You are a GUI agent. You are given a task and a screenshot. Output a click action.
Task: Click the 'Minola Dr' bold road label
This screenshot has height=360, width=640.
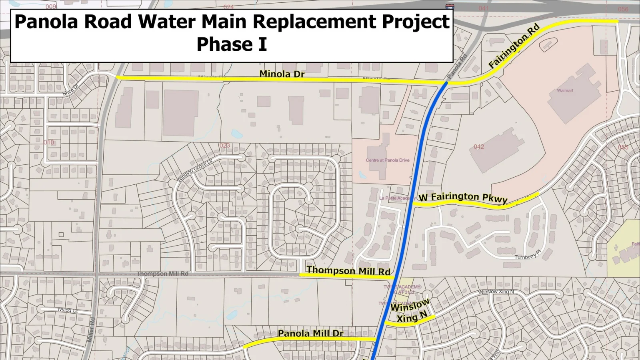click(x=282, y=74)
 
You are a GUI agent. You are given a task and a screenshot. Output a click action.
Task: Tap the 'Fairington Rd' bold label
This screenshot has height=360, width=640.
click(x=514, y=46)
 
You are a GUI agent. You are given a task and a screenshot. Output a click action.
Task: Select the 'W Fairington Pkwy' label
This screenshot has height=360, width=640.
click(x=463, y=197)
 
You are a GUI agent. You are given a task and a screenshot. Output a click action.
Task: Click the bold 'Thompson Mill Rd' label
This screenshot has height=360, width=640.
click(x=348, y=271)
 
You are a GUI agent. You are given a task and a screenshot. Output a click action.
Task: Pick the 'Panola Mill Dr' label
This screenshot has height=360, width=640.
click(x=310, y=333)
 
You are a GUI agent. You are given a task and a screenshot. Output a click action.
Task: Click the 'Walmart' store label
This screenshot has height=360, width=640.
click(x=565, y=90)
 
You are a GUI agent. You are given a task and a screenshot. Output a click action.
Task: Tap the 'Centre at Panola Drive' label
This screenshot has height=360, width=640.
click(x=388, y=160)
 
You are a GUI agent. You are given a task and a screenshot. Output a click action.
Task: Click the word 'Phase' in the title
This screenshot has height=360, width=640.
click(x=222, y=44)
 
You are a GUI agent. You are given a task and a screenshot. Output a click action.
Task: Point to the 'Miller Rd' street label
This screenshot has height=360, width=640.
click(x=91, y=329)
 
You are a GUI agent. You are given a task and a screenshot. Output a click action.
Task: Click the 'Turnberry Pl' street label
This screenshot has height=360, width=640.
click(x=528, y=255)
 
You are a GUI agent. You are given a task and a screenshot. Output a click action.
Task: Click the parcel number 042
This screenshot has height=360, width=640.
click(x=479, y=147)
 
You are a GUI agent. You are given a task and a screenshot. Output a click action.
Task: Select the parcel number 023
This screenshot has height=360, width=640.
click(x=225, y=145)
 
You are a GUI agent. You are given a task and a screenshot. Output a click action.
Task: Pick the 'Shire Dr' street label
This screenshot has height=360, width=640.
click(x=70, y=90)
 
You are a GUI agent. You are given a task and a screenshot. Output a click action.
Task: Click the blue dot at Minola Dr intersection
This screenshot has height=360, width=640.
click(x=446, y=83)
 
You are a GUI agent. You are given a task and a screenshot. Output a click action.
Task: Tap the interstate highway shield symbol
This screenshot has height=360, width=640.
click(x=450, y=7)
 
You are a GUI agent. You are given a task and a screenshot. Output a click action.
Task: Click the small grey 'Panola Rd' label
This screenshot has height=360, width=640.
click(x=457, y=66)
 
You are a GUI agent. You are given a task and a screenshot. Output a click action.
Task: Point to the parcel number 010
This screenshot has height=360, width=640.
click(x=49, y=142)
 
